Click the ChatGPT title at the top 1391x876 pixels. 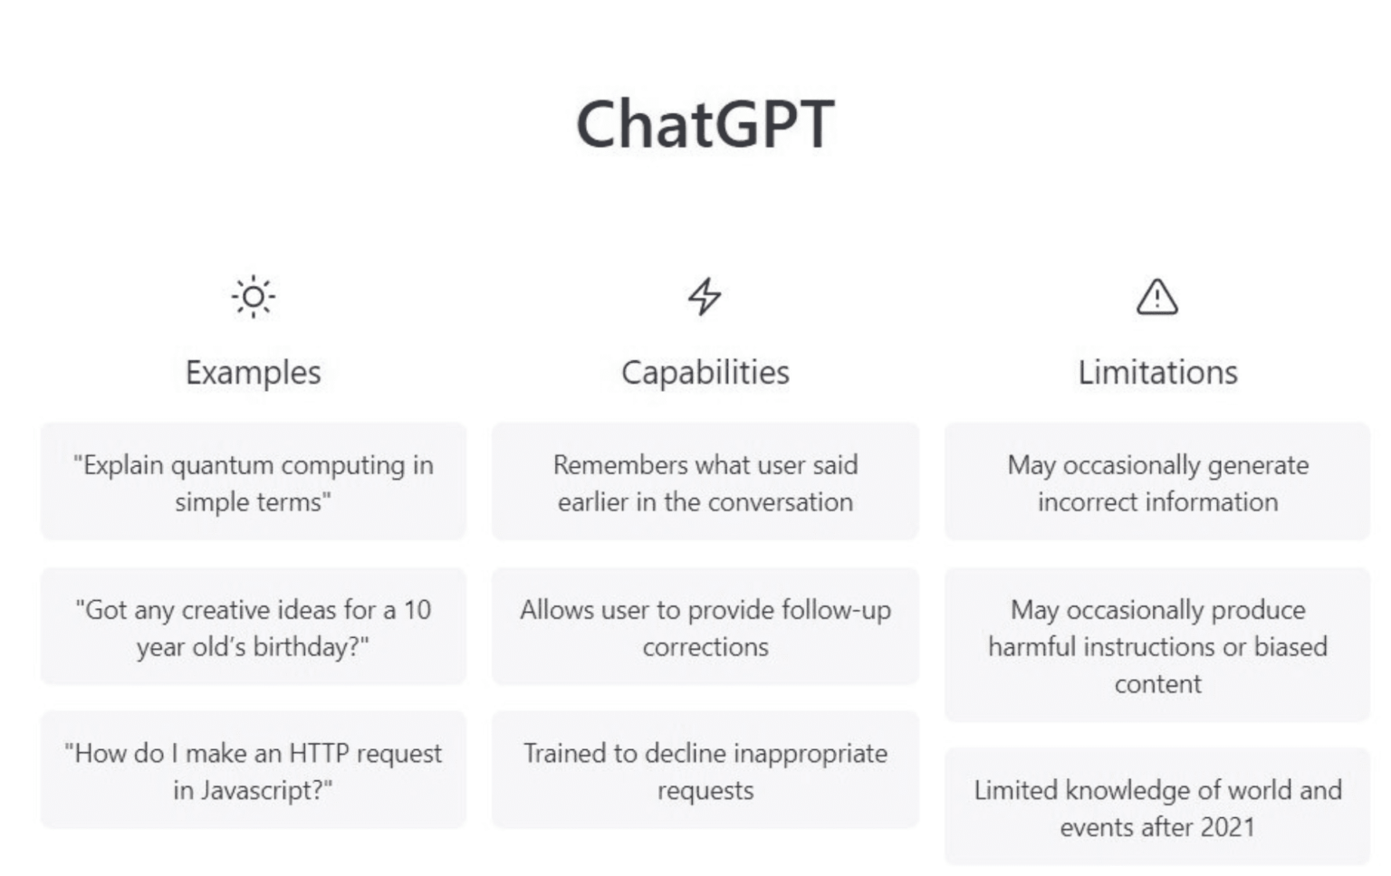705,124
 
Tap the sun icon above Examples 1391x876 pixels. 253,296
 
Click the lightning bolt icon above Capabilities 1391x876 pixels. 705,296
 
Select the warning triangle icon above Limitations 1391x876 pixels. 1156,296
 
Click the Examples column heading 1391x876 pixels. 253,372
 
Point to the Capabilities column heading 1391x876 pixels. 705,372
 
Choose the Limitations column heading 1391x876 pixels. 1156,372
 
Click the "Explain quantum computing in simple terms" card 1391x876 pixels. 253,482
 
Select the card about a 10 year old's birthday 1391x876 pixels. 253,627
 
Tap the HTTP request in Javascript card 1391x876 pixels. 253,771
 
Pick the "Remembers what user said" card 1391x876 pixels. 705,482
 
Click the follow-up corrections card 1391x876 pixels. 705,627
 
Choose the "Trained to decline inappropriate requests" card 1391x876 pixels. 705,771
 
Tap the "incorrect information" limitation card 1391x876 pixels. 1156,482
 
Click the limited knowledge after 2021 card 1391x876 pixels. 1156,807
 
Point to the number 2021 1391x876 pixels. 1227,827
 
